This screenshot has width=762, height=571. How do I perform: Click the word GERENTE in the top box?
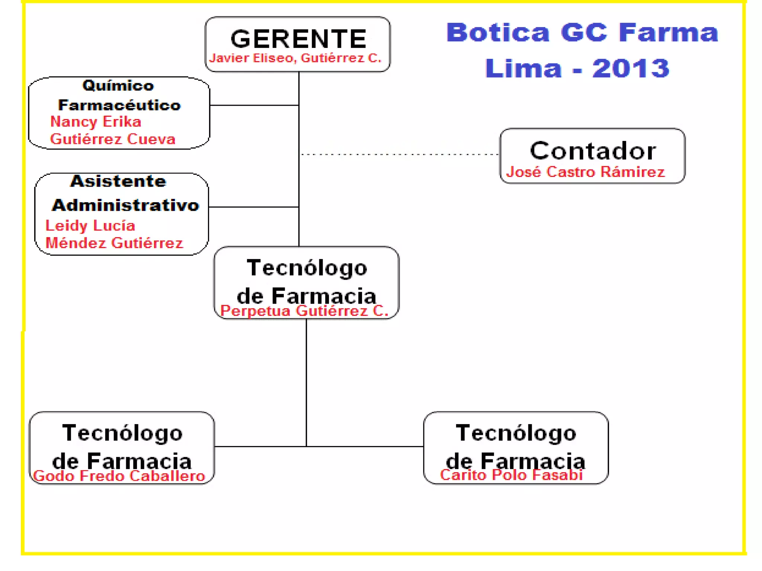298,39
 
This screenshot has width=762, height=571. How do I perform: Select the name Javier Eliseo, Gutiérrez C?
295,58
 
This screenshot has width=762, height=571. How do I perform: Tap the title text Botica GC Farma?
582,33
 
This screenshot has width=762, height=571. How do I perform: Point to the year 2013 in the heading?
631,68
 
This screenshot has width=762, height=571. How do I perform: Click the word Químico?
118,86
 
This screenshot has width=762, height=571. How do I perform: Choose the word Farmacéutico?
119,105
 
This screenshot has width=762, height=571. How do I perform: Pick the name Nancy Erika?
96,122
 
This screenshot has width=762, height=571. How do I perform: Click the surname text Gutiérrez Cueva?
113,139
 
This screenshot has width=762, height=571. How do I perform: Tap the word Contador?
593,151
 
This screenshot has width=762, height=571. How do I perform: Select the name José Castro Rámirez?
585,172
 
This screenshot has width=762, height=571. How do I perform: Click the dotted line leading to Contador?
400,154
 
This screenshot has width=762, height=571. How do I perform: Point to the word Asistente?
118,181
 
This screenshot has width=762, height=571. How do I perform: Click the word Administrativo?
125,205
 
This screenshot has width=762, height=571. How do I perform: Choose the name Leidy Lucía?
90,226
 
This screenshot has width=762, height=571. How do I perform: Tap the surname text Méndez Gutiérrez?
114,243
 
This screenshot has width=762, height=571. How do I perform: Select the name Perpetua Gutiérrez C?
304,311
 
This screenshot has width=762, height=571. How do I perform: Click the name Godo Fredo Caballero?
119,476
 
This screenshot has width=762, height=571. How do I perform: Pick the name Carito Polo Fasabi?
511,475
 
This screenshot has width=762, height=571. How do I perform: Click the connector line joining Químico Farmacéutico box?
254,105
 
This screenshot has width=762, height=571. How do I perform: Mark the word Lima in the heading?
523,68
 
